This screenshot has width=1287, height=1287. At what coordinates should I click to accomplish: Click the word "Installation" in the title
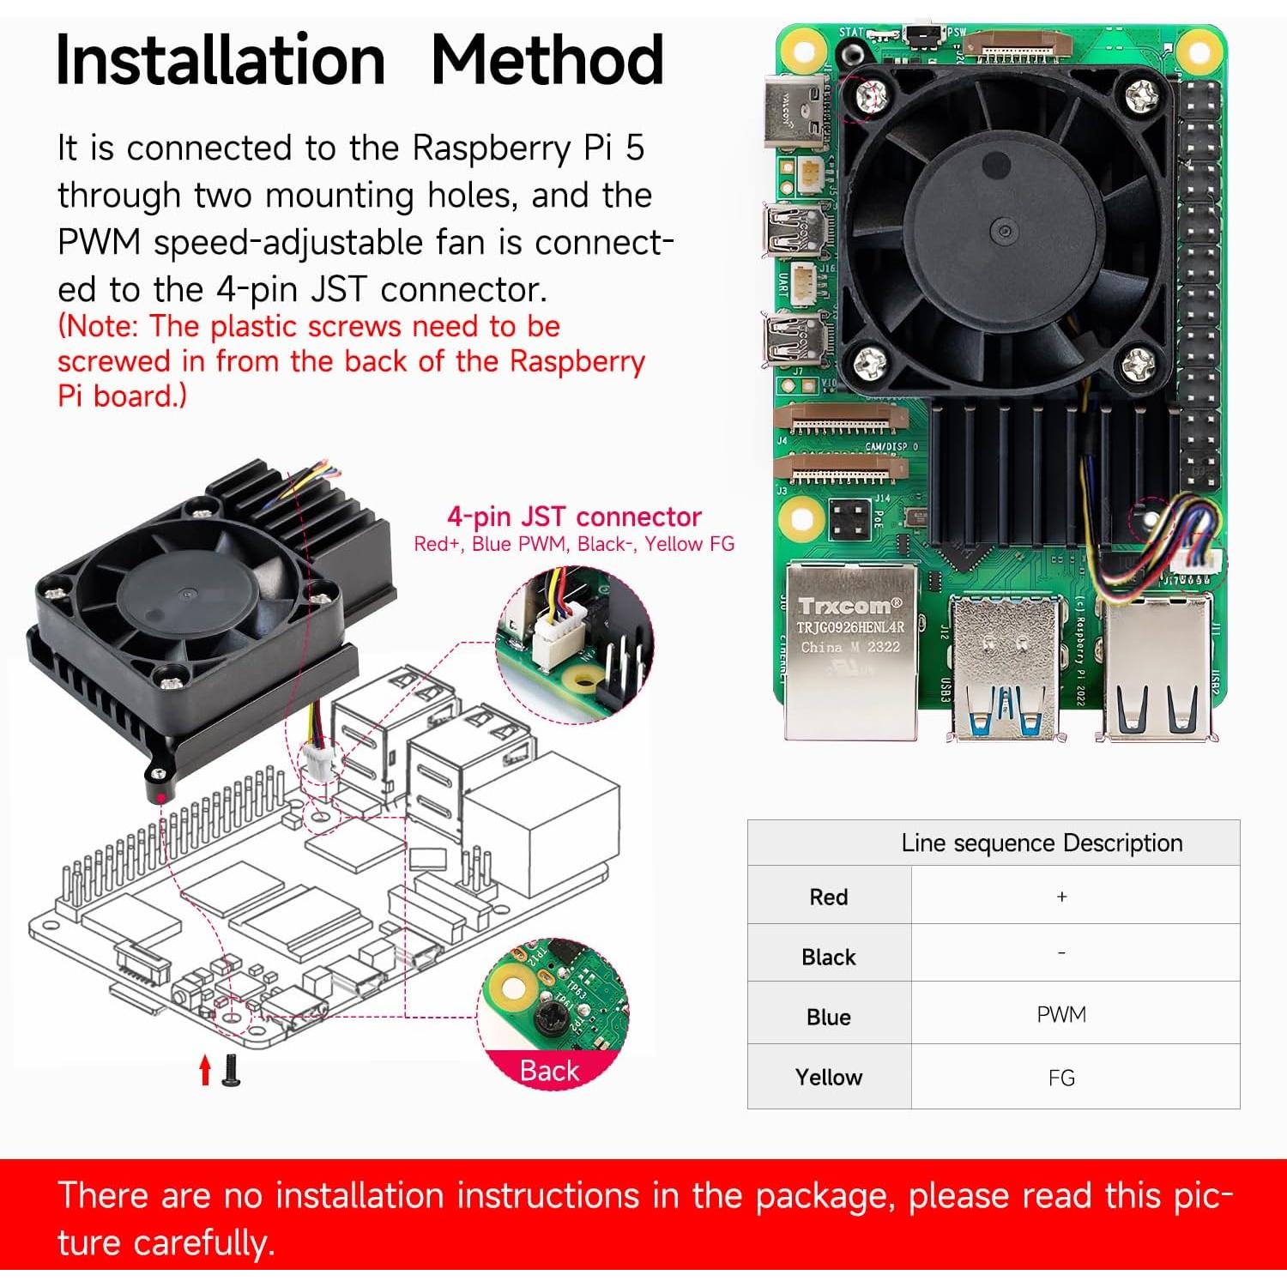(221, 60)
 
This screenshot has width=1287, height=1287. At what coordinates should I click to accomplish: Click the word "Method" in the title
(547, 60)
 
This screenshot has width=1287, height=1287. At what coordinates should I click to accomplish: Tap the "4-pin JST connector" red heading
(574, 517)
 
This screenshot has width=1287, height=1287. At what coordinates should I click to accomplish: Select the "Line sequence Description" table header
(1042, 843)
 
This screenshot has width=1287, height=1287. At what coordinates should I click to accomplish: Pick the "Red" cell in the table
(828, 897)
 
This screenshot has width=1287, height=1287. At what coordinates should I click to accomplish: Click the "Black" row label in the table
(828, 957)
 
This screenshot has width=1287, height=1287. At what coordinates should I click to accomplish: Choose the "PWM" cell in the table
(1061, 1015)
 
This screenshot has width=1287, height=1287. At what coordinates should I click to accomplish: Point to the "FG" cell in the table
(1061, 1078)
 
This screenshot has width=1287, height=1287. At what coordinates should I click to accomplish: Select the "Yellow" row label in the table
(828, 1078)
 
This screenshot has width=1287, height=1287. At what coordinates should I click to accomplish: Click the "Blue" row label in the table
(828, 1017)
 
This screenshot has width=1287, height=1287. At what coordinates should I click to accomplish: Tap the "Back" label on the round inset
(549, 1071)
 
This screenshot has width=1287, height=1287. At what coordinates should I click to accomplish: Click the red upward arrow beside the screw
(205, 1070)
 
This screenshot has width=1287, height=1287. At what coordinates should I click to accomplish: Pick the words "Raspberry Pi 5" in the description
(528, 148)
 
